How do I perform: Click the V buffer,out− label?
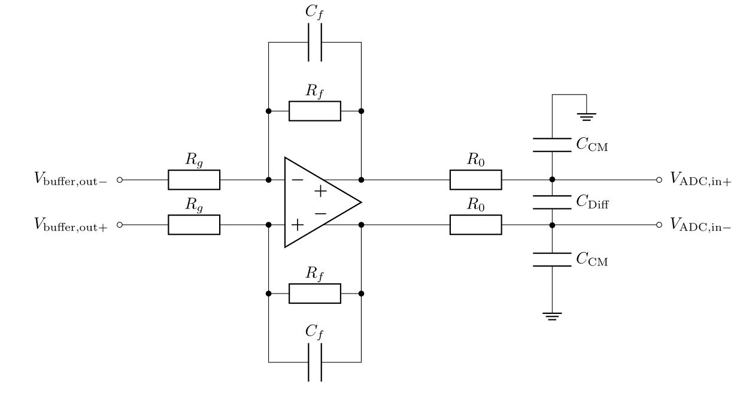point(71,180)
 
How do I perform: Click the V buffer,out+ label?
point(71,225)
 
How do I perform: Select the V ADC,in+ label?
point(701,180)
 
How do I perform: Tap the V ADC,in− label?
point(701,225)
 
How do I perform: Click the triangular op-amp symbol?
point(317,202)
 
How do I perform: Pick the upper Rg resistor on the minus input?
point(194,180)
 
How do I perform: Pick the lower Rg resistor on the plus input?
point(194,225)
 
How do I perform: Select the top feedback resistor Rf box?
point(315,111)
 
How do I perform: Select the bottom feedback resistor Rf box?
point(315,294)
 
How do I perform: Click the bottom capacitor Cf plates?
point(315,362)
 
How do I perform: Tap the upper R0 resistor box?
point(476,180)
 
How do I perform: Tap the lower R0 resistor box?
point(476,225)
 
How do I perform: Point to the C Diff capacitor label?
point(593,202)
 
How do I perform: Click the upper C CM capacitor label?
point(592,144)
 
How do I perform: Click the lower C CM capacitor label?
point(592,259)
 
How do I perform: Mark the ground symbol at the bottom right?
point(552,316)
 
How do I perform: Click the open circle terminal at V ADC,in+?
point(659,180)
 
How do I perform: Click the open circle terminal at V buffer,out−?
point(119,180)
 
